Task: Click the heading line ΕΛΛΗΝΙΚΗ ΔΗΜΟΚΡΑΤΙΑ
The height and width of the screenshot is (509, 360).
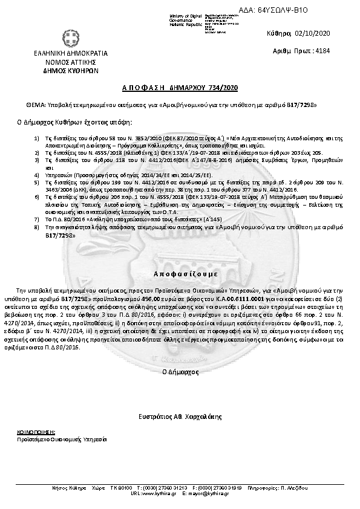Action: (x=58, y=54)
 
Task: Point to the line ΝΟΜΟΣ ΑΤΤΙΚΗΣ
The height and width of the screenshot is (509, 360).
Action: (x=58, y=62)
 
